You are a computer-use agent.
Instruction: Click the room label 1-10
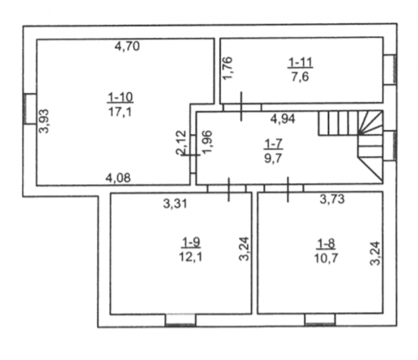(120, 98)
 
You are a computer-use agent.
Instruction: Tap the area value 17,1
(120, 111)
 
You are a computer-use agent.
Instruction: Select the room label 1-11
(300, 62)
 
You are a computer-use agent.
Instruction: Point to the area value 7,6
(300, 77)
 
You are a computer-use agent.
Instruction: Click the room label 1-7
(273, 144)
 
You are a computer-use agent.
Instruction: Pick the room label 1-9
(191, 242)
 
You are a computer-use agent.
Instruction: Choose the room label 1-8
(326, 244)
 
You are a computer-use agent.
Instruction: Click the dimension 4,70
(127, 46)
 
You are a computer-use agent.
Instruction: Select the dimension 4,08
(118, 177)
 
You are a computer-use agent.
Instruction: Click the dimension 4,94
(283, 118)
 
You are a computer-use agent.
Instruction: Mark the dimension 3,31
(175, 204)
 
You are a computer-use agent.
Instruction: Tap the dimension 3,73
(332, 199)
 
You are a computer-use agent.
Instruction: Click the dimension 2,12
(181, 142)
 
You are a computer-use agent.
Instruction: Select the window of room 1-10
(30, 109)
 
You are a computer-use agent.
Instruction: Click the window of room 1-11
(390, 69)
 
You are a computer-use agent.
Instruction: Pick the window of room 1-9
(180, 320)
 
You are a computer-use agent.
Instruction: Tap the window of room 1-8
(320, 319)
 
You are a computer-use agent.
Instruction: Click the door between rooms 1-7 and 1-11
(242, 107)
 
